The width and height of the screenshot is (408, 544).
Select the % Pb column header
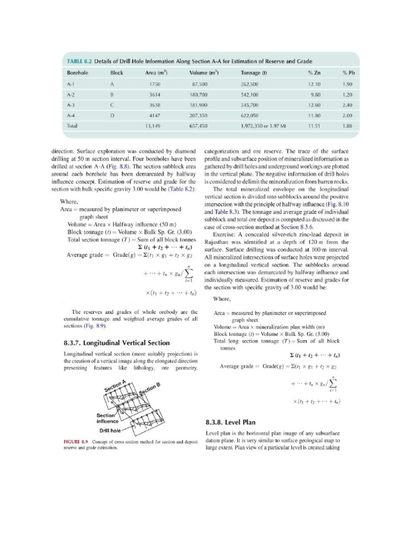click(348, 72)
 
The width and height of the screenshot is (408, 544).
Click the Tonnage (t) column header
click(253, 72)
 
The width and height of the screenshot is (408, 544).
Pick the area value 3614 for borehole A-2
click(155, 94)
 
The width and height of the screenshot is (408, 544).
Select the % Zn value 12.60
click(314, 105)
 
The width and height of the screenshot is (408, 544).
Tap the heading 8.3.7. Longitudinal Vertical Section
click(116, 343)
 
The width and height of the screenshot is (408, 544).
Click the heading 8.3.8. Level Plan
click(230, 422)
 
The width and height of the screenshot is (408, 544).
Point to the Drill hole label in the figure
click(112, 430)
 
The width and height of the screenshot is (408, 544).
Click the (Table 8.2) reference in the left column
click(182, 189)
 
